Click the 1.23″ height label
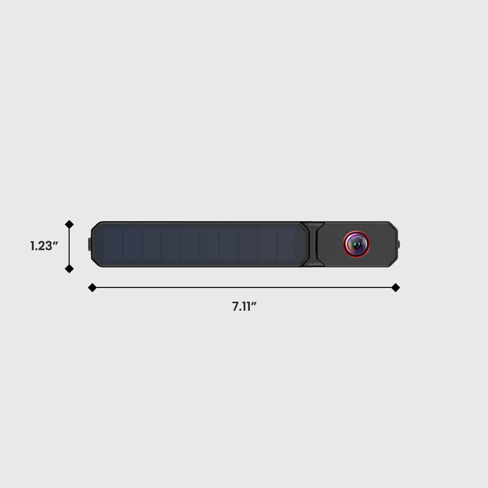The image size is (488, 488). click(x=44, y=246)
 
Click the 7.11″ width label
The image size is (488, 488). click(x=244, y=306)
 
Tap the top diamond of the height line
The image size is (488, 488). click(x=69, y=224)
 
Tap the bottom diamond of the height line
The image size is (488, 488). click(x=69, y=268)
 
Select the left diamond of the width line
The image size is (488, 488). click(x=92, y=287)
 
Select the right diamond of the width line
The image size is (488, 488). click(x=395, y=287)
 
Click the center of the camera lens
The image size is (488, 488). click(x=356, y=244)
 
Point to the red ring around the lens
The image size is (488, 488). click(x=344, y=244)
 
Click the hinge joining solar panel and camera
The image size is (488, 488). click(x=313, y=244)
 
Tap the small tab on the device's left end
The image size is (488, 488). click(x=90, y=244)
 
